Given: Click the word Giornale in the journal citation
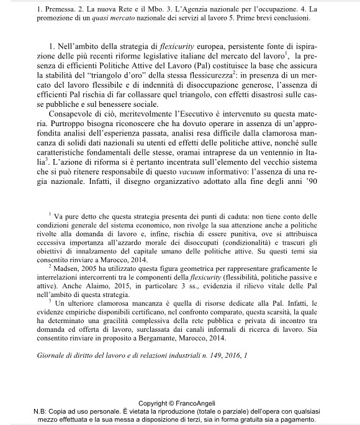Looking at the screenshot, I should pyautogui.click(x=52, y=357).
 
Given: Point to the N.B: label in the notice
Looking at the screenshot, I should pyautogui.click(x=45, y=411).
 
